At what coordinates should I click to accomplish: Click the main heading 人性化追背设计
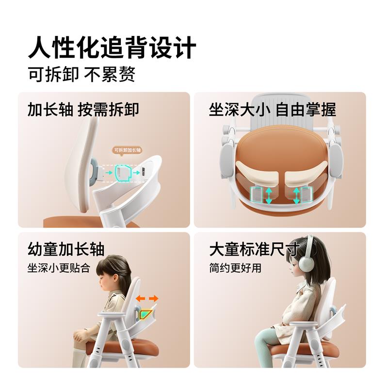tap(112, 47)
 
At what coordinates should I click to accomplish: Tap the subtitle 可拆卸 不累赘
tap(81, 74)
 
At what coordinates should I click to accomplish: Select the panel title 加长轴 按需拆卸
tap(83, 110)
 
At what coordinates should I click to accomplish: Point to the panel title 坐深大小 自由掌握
tap(273, 110)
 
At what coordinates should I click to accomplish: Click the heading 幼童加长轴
tap(66, 249)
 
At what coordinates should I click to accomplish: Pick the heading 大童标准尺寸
tap(255, 249)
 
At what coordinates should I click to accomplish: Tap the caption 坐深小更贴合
tap(59, 268)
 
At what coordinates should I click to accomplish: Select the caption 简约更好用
tap(235, 268)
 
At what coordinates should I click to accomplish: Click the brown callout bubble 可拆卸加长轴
tap(127, 151)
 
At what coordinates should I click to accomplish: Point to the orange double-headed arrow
tap(147, 298)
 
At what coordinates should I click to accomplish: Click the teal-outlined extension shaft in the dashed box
tap(123, 172)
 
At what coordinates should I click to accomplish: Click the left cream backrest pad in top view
tap(258, 173)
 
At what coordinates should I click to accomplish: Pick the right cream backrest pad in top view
tap(307, 173)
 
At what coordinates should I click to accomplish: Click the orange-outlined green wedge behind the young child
tap(146, 313)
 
